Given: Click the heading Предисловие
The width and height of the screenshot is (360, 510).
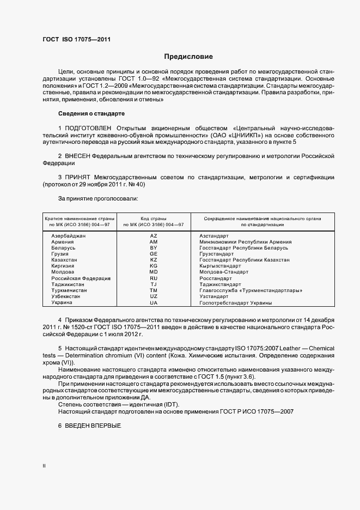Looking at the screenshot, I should (188, 57).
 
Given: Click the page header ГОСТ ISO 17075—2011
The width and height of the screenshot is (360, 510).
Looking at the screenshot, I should (76, 39).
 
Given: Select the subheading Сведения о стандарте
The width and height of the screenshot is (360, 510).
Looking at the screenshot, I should (91, 113).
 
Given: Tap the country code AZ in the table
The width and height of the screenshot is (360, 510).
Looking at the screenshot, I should (153, 235).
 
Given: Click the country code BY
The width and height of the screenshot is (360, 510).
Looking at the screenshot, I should (153, 247).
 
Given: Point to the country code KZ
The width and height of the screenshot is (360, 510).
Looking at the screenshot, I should (153, 260).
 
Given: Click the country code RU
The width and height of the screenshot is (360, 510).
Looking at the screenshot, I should (153, 278).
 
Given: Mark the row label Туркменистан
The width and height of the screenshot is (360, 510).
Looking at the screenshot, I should (69, 290).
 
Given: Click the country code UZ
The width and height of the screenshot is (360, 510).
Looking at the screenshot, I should (153, 296).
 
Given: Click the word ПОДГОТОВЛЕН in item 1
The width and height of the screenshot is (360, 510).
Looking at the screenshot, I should (90, 128).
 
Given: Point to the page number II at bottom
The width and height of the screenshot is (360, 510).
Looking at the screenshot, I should (44, 466).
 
